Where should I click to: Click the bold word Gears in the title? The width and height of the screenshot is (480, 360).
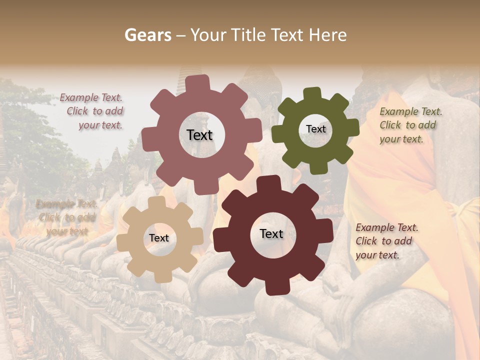(x=147, y=35)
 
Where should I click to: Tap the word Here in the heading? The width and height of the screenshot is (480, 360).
(x=328, y=35)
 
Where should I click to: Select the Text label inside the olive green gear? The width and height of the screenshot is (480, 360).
(x=315, y=129)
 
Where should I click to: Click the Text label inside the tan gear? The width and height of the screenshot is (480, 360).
(x=159, y=238)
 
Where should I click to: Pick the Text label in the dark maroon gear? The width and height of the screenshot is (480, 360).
(x=271, y=234)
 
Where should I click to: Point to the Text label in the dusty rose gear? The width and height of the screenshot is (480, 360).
(x=199, y=135)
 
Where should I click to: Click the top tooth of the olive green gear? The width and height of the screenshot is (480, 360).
(x=312, y=93)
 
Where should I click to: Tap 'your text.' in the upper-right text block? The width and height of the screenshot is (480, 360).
(x=401, y=139)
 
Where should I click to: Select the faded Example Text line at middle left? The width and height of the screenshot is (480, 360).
(x=66, y=204)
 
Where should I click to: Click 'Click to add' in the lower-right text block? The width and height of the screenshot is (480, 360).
(x=383, y=241)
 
